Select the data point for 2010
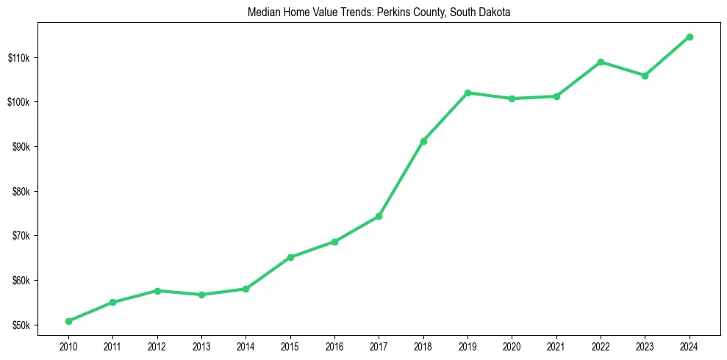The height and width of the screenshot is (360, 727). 68,321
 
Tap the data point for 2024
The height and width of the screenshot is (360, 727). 690,37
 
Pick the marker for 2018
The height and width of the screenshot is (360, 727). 423,141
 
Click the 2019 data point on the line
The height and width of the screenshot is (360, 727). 468,93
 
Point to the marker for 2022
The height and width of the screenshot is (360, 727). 601,62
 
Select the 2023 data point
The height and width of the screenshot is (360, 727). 645,76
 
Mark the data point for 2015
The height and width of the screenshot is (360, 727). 290,257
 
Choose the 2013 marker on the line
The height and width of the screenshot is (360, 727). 201,295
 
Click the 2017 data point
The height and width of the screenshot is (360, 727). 379,216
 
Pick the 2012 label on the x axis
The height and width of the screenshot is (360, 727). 157,345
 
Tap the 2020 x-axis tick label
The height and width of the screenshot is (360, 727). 512,345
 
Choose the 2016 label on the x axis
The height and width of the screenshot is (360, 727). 334,345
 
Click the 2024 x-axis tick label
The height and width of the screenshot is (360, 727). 690,345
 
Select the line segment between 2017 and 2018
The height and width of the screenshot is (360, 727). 401,179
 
